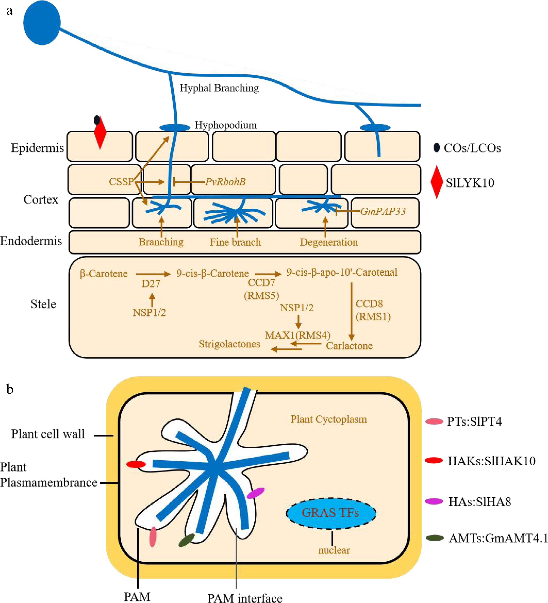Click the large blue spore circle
tap(42, 23)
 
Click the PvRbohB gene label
tap(225, 182)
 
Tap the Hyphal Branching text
tap(219, 88)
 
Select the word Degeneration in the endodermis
tap(329, 242)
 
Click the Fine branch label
tap(235, 242)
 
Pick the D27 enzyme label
tap(151, 283)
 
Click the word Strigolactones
tap(229, 344)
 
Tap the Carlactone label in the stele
tap(349, 346)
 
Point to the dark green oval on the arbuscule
tap(186, 540)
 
